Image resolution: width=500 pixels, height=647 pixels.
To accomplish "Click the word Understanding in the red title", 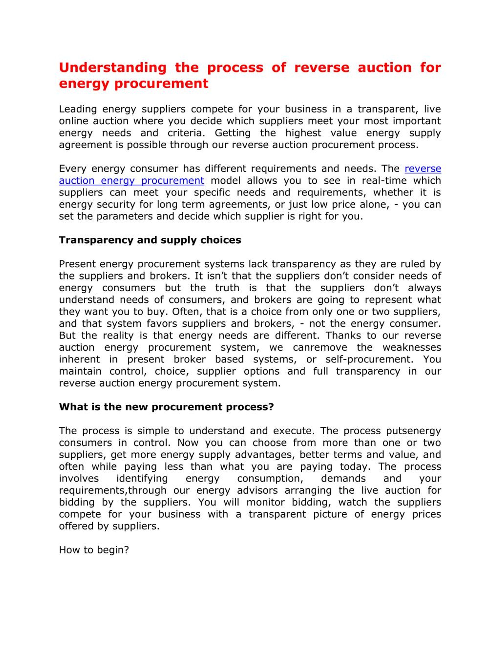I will [x=112, y=68].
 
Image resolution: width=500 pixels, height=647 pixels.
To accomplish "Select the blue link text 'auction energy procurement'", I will [x=131, y=180].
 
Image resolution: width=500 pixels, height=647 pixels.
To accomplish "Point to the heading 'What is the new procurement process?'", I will [x=166, y=407].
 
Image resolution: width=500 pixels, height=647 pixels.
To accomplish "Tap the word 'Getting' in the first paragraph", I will [x=233, y=133].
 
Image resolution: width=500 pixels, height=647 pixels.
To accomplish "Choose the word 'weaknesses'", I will [x=412, y=347].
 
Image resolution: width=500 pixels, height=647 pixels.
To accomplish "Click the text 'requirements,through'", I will [x=112, y=490].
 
